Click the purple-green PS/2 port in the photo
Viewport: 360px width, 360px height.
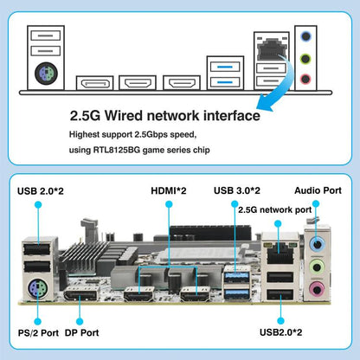pos(38,288)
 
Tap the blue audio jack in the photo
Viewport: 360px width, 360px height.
pos(318,245)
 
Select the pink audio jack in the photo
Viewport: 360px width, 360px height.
pos(317,289)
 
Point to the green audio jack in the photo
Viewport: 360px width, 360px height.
pos(317,267)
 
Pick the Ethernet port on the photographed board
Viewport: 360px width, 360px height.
pos(280,253)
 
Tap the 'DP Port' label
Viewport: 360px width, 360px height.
pos(82,332)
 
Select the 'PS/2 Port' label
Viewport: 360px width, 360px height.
pos(38,332)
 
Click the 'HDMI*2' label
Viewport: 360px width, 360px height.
pos(169,190)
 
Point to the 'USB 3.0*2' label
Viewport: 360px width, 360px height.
pos(237,190)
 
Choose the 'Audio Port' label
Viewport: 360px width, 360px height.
pos(318,190)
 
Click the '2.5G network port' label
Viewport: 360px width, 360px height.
pos(275,210)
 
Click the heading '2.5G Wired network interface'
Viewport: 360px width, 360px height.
pos(165,116)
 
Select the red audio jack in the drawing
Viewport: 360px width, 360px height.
pos(305,79)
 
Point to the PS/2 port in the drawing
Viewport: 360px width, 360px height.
pos(46,73)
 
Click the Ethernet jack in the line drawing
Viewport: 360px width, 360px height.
pos(272,48)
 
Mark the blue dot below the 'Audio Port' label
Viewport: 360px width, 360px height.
pos(316,204)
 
